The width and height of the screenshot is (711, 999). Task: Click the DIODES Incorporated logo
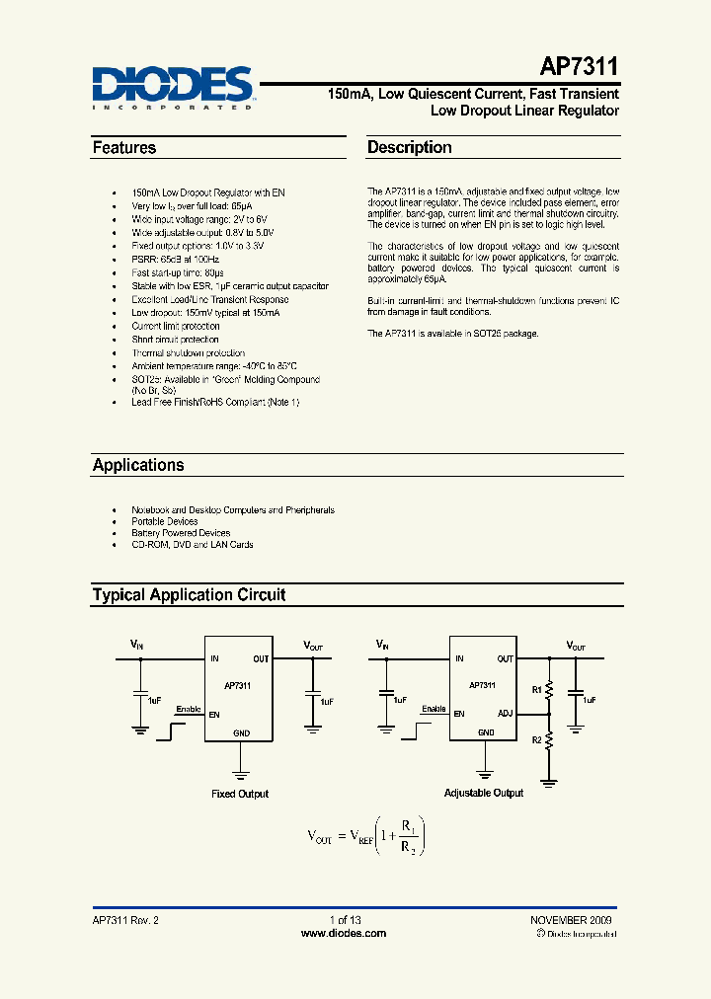[x=173, y=86]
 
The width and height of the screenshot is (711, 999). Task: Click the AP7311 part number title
[x=580, y=67]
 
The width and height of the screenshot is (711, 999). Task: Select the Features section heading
[x=124, y=148]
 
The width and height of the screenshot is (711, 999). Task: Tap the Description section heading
[x=410, y=148]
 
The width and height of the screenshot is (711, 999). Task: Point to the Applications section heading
[x=138, y=465]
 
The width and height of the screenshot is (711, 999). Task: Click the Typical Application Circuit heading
[x=189, y=595]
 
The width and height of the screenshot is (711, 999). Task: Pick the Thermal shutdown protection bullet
[x=188, y=352]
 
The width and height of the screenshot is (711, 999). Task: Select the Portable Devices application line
[x=165, y=521]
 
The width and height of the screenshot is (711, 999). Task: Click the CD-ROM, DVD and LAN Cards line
[x=193, y=544]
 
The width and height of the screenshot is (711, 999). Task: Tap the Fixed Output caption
[x=240, y=794]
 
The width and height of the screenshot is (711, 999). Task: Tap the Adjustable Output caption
[x=484, y=793]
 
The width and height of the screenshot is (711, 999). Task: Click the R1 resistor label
[x=537, y=690]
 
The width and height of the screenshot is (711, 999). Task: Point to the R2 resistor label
[x=537, y=738]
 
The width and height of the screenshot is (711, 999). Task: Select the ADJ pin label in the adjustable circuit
[x=506, y=713]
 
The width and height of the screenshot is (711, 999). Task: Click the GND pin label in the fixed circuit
[x=241, y=732]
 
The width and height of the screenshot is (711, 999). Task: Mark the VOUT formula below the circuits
[x=366, y=836]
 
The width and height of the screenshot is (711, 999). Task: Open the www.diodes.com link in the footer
[x=343, y=933]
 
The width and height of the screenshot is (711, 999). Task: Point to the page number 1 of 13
[x=345, y=920]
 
